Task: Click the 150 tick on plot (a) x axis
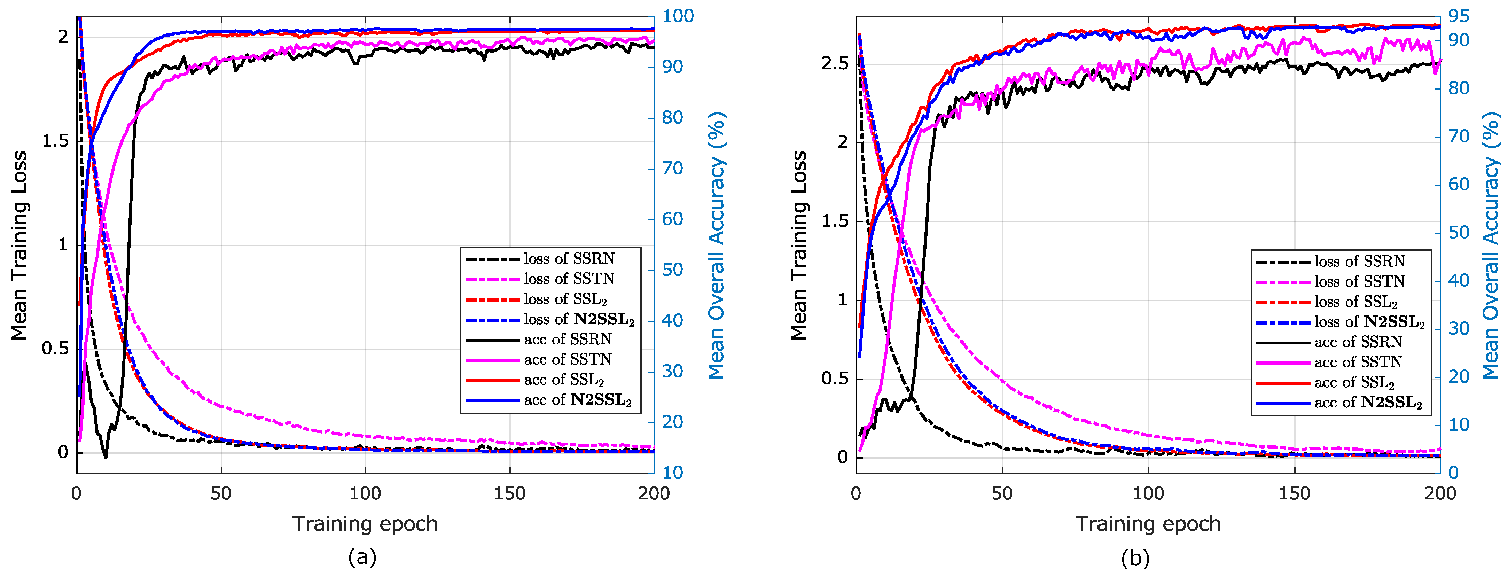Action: coord(509,493)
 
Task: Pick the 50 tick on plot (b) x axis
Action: coord(1002,493)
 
